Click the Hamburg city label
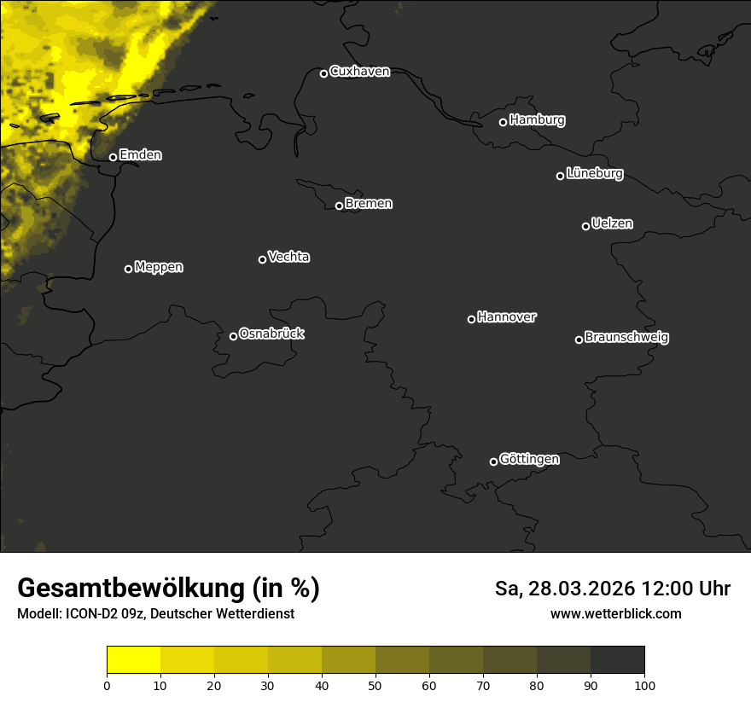click(537, 120)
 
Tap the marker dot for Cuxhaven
click(323, 73)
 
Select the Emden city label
click(140, 155)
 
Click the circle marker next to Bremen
click(339, 206)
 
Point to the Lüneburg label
click(594, 174)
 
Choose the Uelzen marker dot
click(585, 226)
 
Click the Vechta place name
click(288, 257)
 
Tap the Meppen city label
click(158, 267)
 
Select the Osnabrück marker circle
click(233, 336)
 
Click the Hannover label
click(506, 317)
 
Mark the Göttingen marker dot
click(493, 461)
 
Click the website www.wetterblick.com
click(615, 613)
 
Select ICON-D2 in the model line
click(93, 613)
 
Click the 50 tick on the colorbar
click(375, 685)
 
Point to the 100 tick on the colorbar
click(644, 685)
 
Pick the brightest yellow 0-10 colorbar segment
click(133, 660)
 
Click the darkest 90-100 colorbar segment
click(617, 660)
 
